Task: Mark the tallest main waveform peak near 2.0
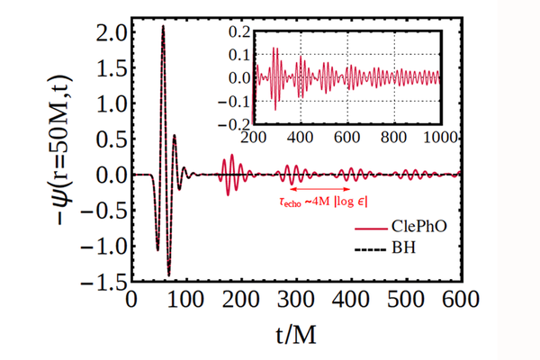[163, 27]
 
